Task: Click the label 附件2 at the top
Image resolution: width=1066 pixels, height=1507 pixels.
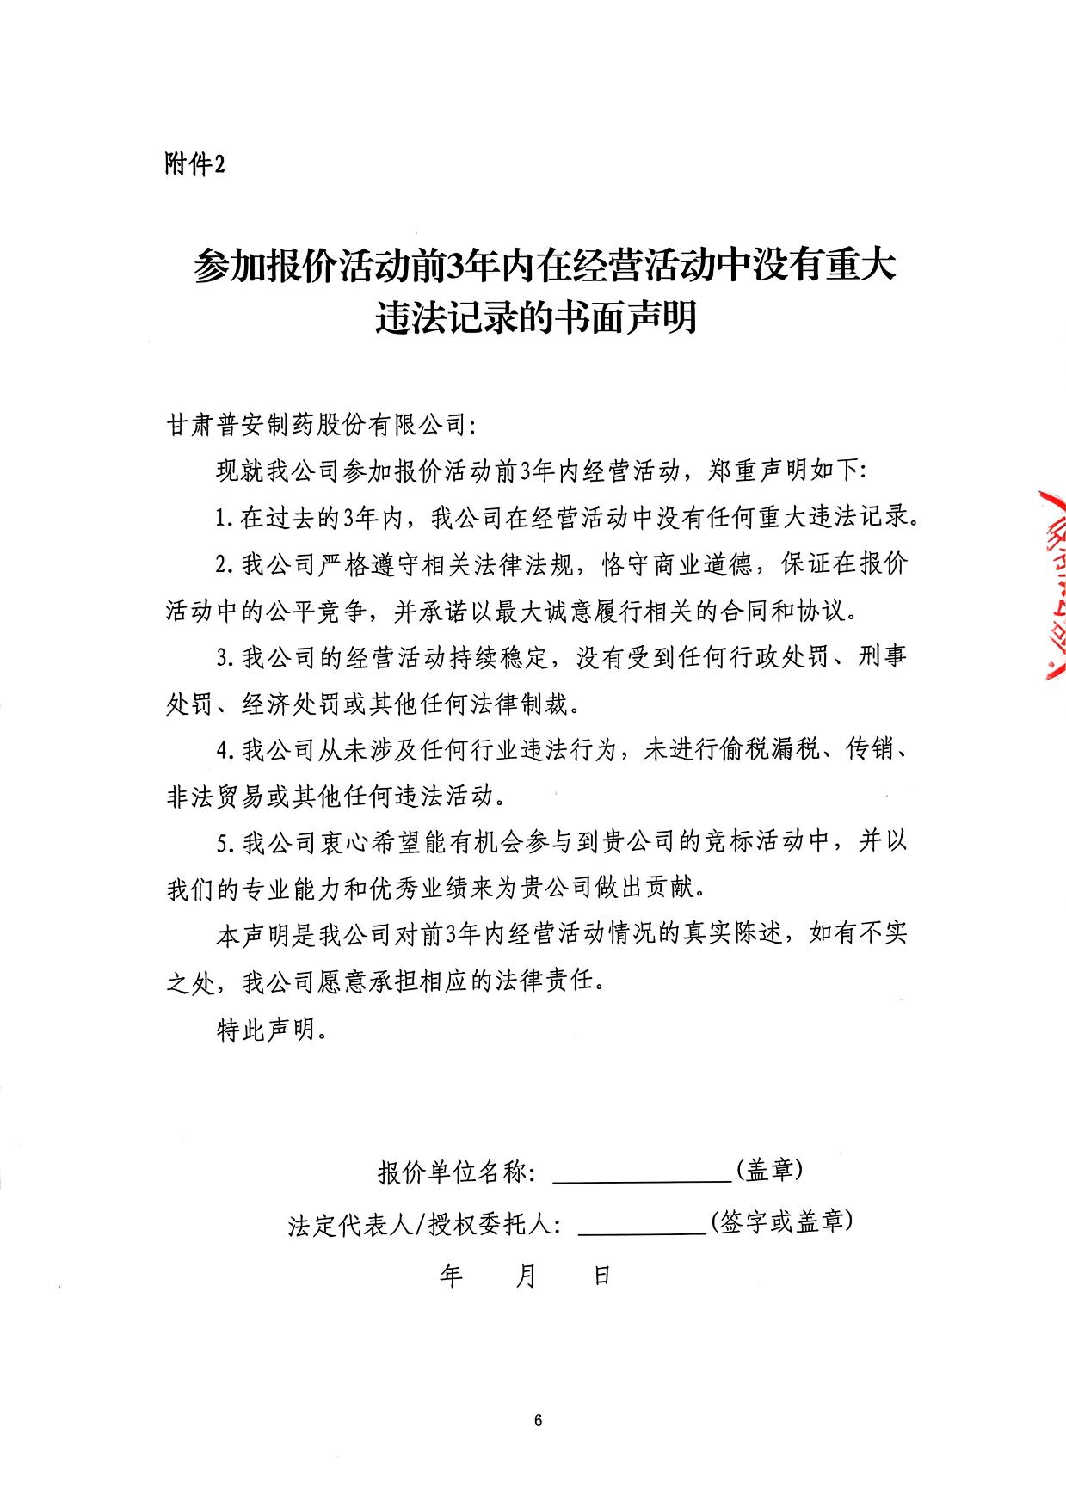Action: (194, 163)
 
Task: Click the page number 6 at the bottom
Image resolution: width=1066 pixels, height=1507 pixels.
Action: (538, 1419)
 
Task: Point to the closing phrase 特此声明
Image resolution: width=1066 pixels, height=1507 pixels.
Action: (266, 1029)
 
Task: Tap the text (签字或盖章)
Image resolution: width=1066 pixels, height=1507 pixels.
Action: (781, 1221)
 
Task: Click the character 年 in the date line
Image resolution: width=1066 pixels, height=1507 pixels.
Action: (451, 1275)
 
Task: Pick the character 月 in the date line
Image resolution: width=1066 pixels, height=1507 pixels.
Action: (526, 1275)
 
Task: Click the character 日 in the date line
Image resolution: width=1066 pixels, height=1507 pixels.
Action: (601, 1275)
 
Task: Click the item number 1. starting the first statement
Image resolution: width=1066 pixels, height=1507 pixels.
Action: (225, 519)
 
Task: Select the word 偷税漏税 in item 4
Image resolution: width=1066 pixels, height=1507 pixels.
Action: (768, 751)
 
